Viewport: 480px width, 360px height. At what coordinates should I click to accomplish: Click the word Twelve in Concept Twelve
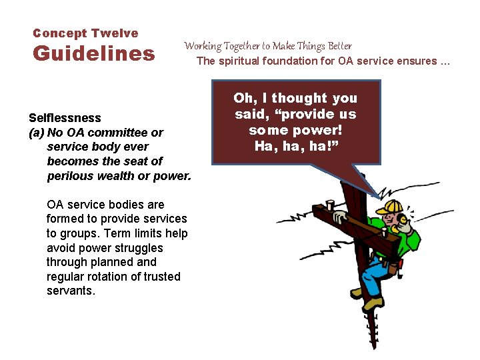[x=115, y=33]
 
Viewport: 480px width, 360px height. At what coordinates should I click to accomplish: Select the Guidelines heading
[x=93, y=53]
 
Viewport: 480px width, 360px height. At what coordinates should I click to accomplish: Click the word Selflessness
[x=65, y=118]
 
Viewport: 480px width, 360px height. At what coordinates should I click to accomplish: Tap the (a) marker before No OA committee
[x=36, y=133]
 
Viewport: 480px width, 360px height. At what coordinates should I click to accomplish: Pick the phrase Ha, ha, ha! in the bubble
[x=296, y=145]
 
